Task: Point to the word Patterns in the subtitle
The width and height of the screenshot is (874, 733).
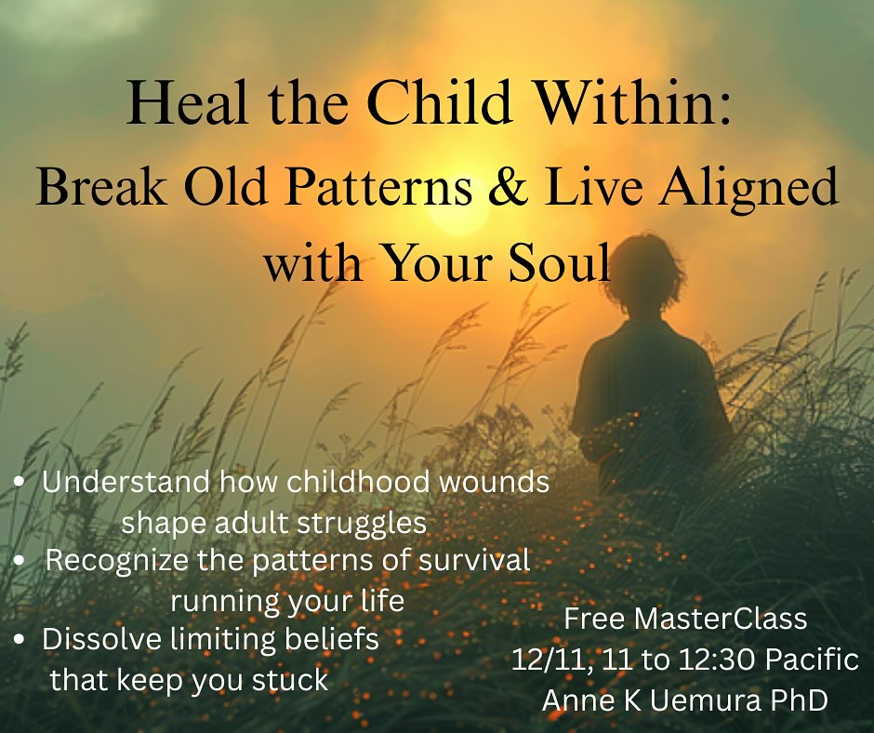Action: pos(388,189)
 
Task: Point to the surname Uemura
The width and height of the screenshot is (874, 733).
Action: pos(704,700)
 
